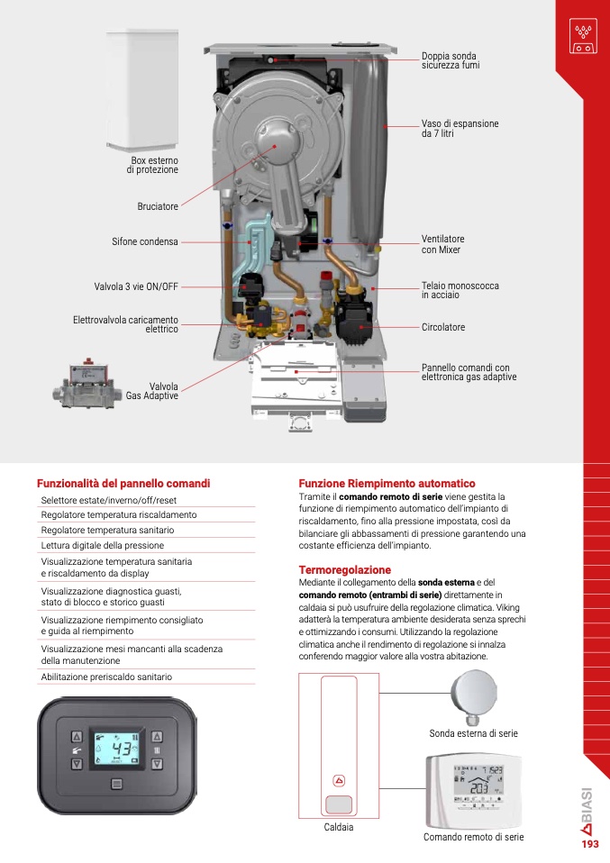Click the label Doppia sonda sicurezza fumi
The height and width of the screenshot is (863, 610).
coord(451,60)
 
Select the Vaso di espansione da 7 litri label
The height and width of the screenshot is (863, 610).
coord(460,128)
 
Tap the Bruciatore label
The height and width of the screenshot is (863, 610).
coord(158,206)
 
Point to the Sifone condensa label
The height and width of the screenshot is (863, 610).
coord(145,241)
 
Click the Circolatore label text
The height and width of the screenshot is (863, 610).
coord(443,327)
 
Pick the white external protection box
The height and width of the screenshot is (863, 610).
coord(142,90)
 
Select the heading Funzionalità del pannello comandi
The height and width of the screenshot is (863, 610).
coord(123,483)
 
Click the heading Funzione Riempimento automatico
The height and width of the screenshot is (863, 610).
coord(387,483)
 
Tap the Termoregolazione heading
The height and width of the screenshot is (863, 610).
coord(344,569)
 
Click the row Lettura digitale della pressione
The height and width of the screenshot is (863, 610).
coord(103,545)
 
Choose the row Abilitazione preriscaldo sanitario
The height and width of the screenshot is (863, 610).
coord(106,677)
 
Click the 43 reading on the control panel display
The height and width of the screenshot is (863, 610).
coord(122,749)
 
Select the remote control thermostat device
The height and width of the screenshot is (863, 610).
coord(473,791)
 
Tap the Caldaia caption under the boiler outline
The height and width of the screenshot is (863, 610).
coord(339,827)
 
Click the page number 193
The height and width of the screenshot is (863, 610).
coord(590,844)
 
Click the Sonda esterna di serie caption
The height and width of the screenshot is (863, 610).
coord(473,733)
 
